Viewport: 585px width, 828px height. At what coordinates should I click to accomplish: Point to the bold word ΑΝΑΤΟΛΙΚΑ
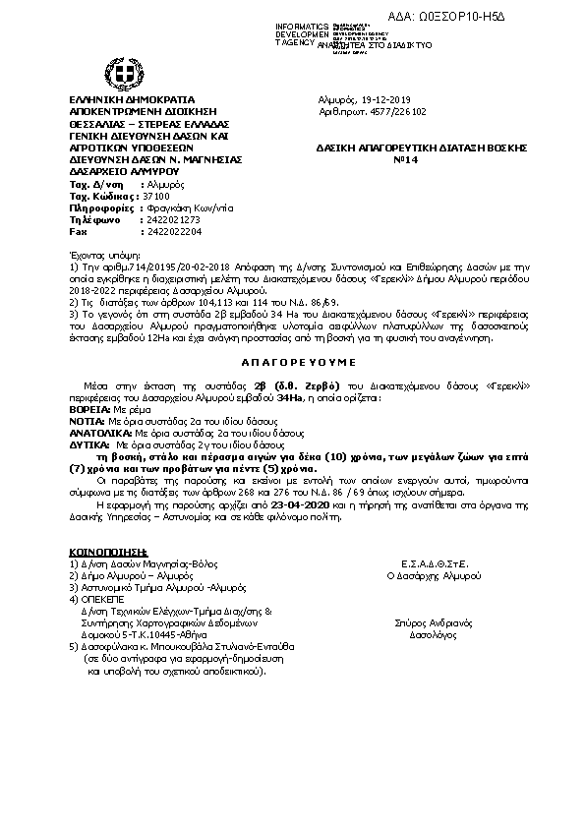coord(99,431)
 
